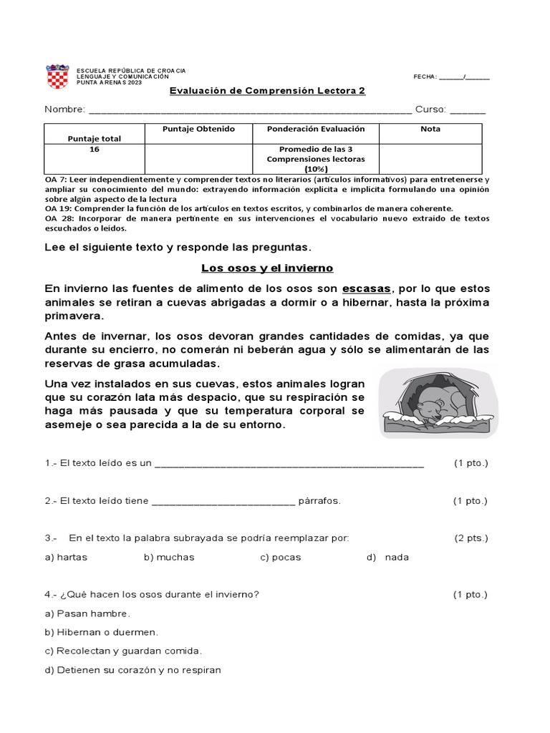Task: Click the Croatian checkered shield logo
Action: (57, 77)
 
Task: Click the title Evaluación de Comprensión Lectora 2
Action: (267, 92)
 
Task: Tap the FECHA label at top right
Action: (425, 77)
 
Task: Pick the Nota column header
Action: (430, 129)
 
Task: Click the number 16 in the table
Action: (95, 150)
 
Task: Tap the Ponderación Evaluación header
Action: (316, 129)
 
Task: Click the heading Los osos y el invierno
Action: (267, 268)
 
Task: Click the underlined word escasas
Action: (367, 288)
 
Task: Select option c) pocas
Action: (280, 557)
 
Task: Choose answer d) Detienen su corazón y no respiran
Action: (132, 670)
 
